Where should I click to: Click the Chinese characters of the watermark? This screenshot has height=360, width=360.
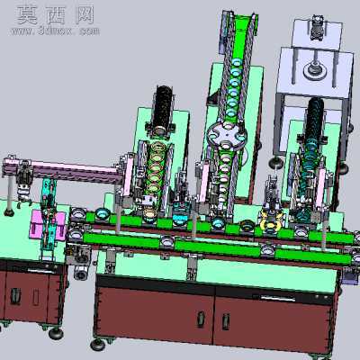coord(56,15)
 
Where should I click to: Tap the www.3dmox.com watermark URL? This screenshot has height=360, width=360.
coord(56,31)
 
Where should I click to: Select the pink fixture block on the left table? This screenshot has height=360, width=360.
coord(48,226)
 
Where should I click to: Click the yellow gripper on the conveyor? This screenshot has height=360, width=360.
coord(272,223)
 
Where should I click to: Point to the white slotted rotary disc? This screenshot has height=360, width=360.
coord(226,136)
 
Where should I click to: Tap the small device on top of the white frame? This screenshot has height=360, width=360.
coord(318,28)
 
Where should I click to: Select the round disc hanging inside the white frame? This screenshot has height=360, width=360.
coord(315,69)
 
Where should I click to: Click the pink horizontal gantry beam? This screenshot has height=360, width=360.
coord(64,170)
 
